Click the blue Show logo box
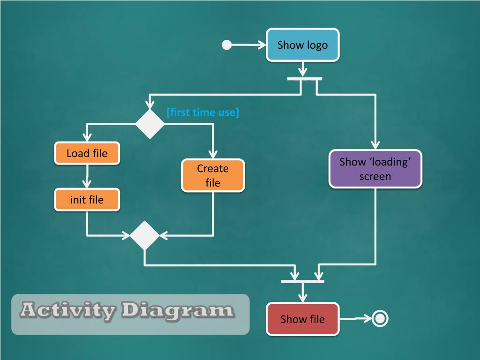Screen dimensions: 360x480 (302, 45)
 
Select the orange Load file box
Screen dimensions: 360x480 (87, 153)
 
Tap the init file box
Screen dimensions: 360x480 (87, 200)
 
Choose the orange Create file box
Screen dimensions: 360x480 (213, 175)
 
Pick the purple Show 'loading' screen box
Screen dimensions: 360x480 (375, 169)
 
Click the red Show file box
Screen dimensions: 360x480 (302, 319)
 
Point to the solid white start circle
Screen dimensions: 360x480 (227, 45)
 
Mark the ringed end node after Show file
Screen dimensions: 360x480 (380, 319)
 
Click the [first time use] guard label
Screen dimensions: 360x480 (202, 112)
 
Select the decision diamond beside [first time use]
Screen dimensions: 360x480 (150, 124)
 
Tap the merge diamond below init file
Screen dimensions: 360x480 (144, 235)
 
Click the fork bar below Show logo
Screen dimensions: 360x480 (305, 79)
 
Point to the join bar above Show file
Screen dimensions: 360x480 (303, 281)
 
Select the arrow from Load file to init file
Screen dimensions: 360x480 (87, 177)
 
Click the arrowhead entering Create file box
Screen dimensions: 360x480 (213, 155)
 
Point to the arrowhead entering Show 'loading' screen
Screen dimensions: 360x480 (375, 145)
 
